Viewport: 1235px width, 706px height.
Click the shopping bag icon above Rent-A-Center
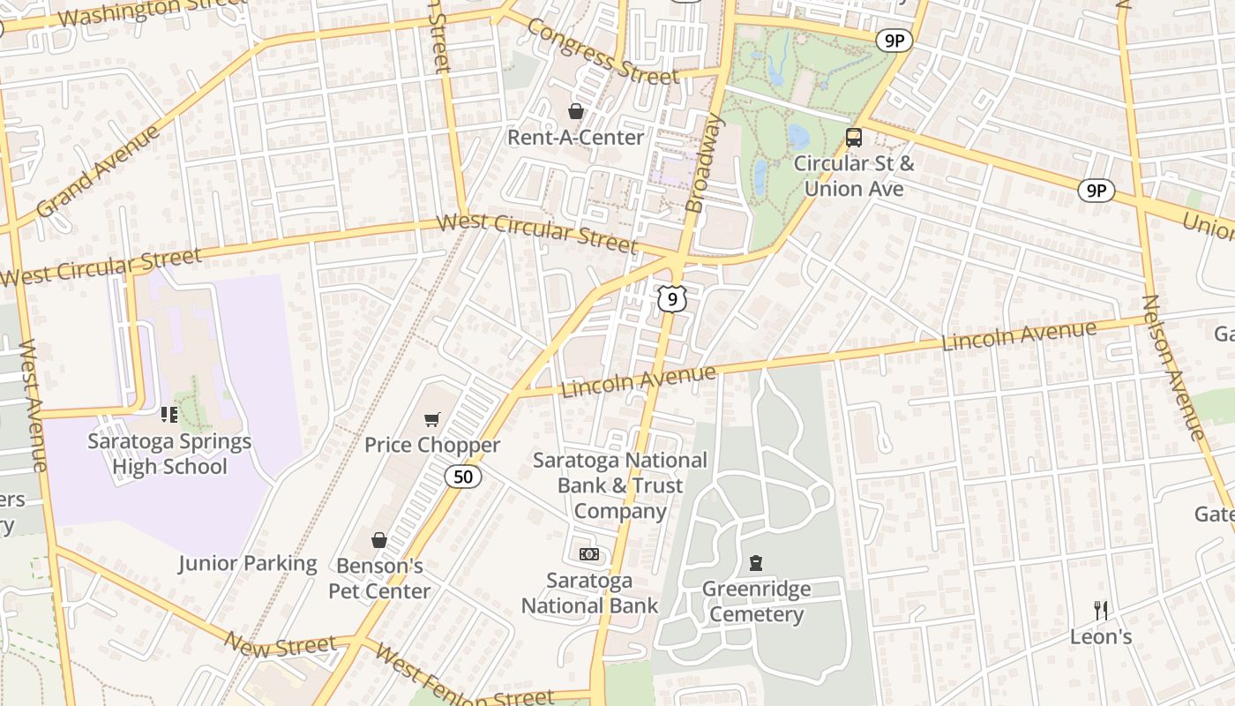click(x=576, y=111)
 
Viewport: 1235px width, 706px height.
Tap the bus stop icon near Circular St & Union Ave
click(x=853, y=138)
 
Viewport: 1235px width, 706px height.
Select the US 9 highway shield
click(x=671, y=300)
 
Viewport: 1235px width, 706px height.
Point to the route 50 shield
click(x=463, y=477)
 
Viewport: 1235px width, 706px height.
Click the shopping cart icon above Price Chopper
click(x=431, y=419)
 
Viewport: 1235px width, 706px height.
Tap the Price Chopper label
click(x=432, y=445)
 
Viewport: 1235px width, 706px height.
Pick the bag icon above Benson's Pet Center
click(x=379, y=540)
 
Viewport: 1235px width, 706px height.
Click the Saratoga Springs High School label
click(x=169, y=454)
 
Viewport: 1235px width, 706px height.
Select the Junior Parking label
click(x=247, y=564)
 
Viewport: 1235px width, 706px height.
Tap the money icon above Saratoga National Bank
click(x=588, y=554)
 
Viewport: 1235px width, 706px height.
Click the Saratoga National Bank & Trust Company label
click(x=620, y=485)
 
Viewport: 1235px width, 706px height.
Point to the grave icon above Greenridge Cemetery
click(x=755, y=562)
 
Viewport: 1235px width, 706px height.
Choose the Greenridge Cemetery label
click(x=756, y=602)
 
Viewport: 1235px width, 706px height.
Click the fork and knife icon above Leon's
click(x=1101, y=610)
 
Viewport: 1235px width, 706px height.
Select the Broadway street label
click(x=705, y=164)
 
